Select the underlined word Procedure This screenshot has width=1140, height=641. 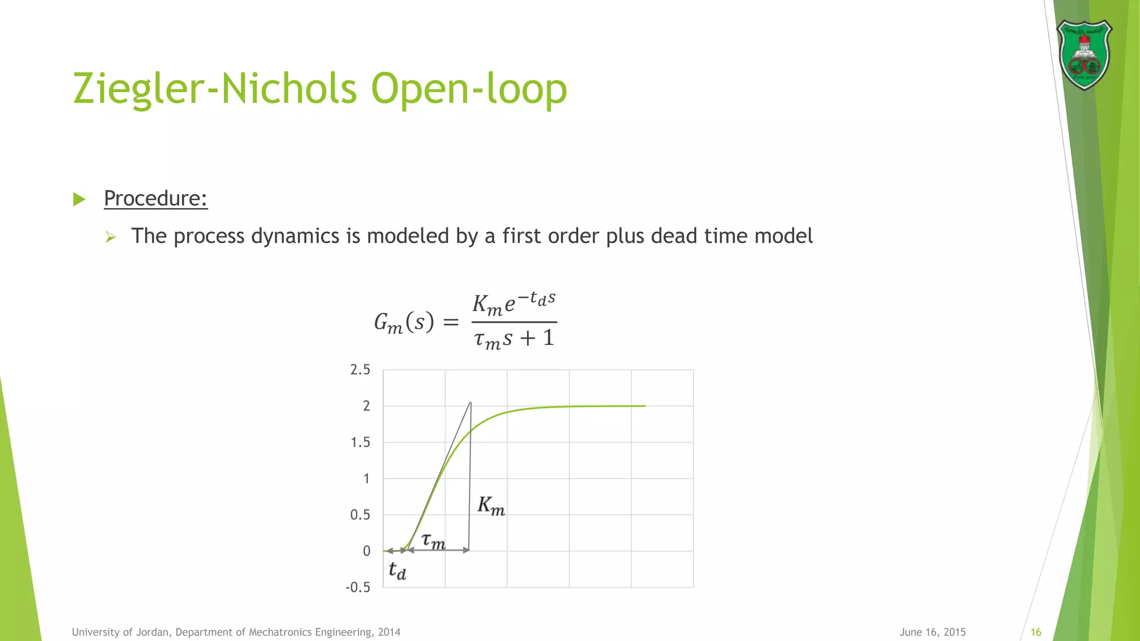155,198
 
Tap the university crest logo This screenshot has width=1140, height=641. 1084,55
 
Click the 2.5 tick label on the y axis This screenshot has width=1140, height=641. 360,369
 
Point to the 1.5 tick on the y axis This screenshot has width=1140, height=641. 360,442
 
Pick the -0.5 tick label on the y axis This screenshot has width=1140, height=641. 357,588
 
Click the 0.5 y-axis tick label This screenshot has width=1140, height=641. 360,515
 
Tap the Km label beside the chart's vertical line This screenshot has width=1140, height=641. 491,505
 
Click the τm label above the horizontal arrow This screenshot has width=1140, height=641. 434,540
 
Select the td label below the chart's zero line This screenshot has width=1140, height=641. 397,570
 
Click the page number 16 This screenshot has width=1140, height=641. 1036,632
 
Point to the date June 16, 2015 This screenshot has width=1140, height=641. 932,632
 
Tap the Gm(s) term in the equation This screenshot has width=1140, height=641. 404,323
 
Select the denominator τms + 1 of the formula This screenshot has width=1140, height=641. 514,338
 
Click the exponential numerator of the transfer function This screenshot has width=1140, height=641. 514,303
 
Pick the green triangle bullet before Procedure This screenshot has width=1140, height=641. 80,199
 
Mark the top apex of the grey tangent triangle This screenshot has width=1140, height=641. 471,402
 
